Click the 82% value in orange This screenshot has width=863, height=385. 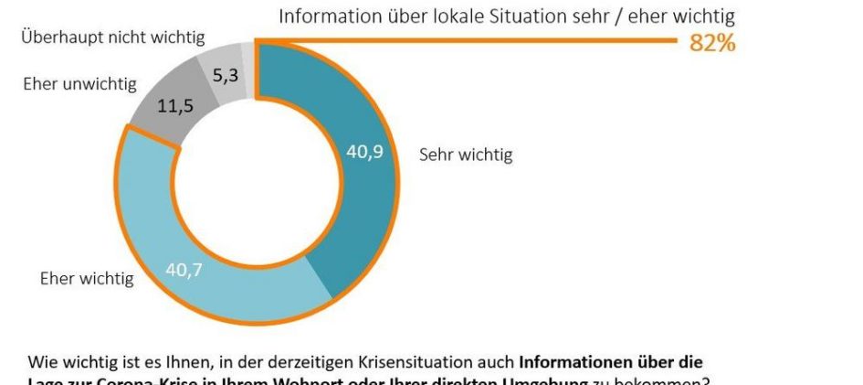(712, 43)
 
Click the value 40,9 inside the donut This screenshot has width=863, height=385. (364, 153)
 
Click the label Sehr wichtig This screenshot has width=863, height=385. (466, 155)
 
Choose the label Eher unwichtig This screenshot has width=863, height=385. (79, 84)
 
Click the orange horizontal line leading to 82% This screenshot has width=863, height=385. (457, 41)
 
